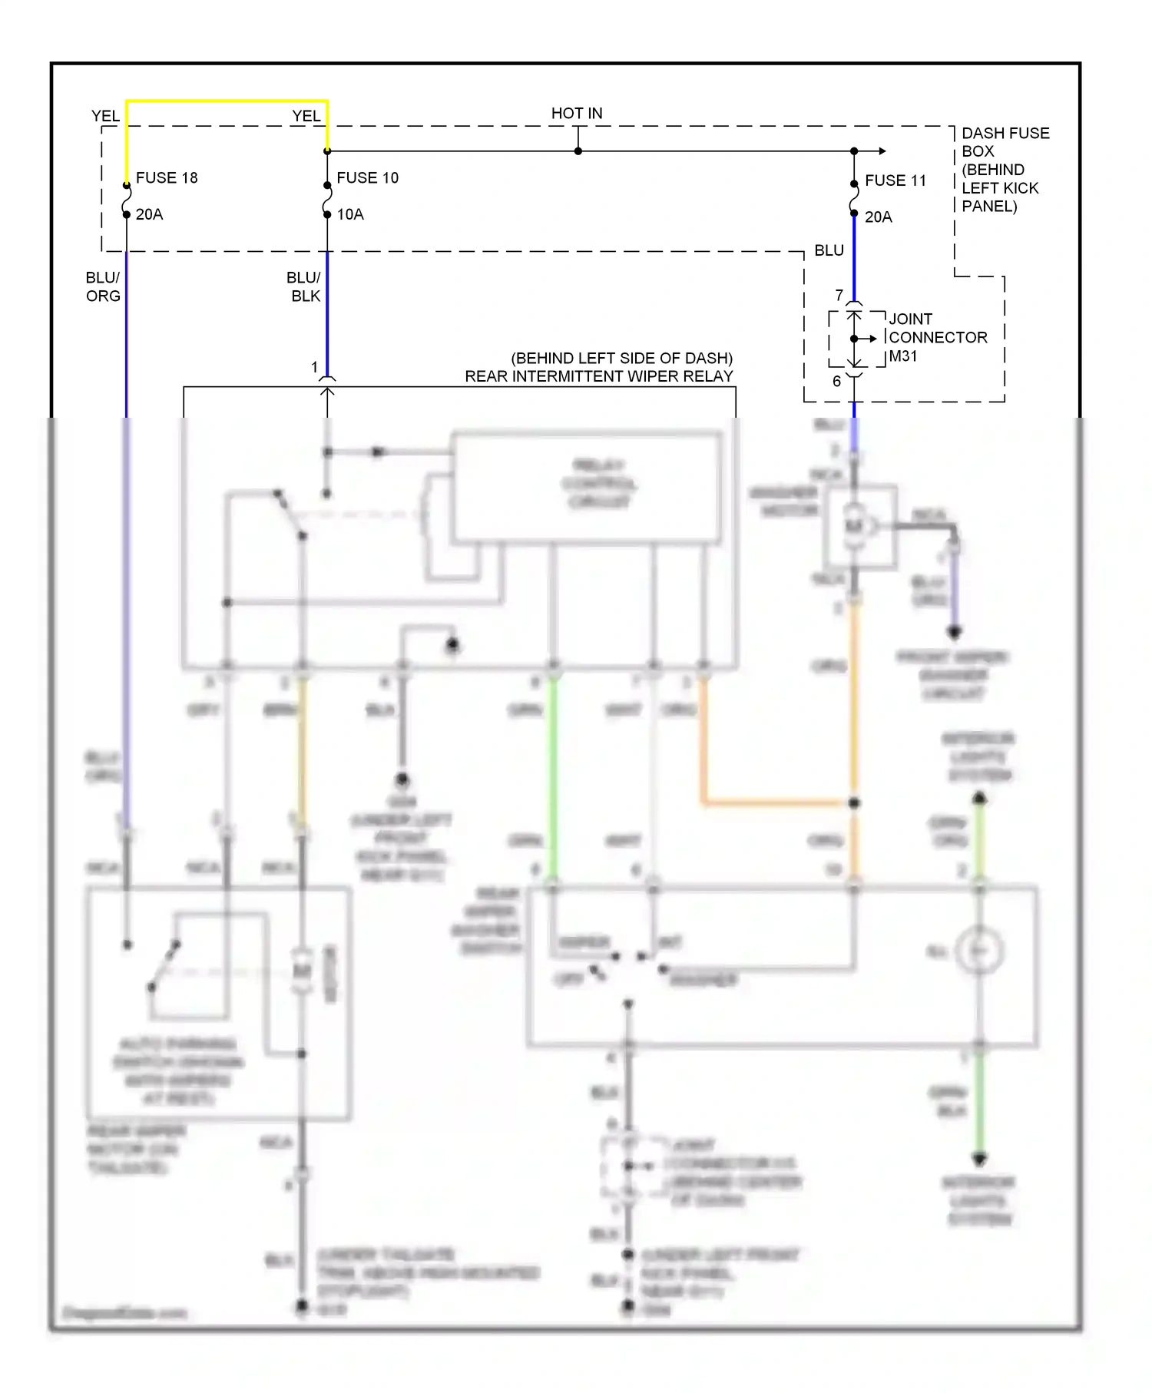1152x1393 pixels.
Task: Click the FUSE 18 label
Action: pos(167,177)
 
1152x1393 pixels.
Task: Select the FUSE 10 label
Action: pos(367,177)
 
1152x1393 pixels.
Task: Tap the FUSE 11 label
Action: pos(895,180)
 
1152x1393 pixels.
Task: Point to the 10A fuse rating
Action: pos(350,214)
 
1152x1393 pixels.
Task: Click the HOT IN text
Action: pos(577,113)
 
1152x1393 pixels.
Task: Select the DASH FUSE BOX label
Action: pos(1005,142)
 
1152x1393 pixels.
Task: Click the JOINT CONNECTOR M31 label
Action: pos(937,337)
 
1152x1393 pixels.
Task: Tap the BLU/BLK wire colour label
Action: pos(304,286)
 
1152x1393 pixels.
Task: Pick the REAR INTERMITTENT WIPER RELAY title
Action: pos(598,376)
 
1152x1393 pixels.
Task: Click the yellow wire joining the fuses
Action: pos(227,101)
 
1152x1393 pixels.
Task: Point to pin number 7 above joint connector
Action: pos(839,295)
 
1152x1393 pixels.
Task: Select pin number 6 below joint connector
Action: pos(836,381)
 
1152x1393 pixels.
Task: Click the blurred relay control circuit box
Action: pos(587,488)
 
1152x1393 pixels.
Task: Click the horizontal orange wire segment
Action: pos(776,803)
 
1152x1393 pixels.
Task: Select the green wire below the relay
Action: pos(552,776)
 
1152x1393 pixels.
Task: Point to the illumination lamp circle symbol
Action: pos(979,951)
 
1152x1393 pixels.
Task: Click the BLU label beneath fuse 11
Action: pos(829,250)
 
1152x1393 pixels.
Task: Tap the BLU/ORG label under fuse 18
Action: pos(103,286)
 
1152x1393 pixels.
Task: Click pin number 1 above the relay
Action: pos(314,367)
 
